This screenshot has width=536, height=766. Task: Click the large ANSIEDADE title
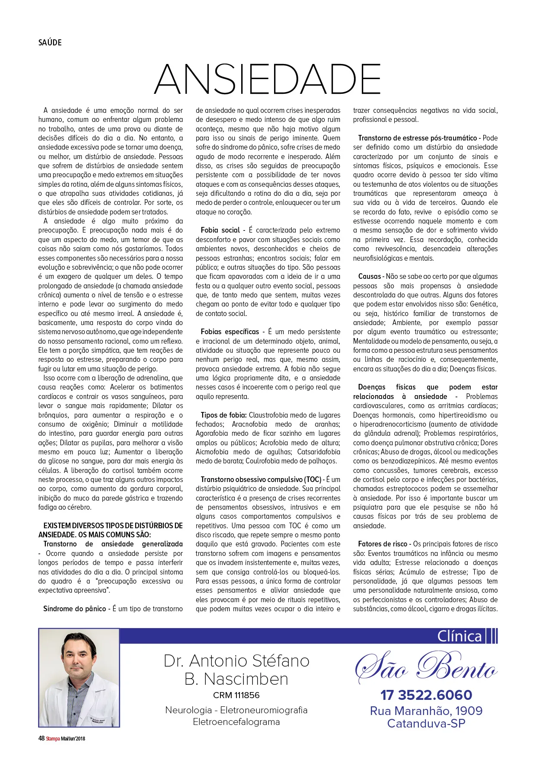tap(268, 79)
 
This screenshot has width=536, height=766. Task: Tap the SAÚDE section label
tap(50, 42)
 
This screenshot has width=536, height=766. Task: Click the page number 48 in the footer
tap(41, 738)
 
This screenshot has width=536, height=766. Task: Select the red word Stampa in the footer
tap(53, 738)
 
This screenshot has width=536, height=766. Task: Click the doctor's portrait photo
tap(79, 677)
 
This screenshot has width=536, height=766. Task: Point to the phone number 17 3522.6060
tap(426, 695)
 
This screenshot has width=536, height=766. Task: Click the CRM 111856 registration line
tap(236, 695)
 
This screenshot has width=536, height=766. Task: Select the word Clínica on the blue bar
tap(459, 636)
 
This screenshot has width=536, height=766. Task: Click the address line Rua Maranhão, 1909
tap(426, 711)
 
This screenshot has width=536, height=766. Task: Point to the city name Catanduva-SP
tap(426, 723)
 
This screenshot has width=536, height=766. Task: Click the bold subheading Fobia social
tap(220, 230)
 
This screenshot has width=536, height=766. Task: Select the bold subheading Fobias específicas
tap(230, 332)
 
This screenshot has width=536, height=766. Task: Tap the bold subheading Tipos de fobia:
tap(223, 415)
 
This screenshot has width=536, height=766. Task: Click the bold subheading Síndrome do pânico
tap(74, 609)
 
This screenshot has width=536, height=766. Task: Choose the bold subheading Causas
tap(369, 276)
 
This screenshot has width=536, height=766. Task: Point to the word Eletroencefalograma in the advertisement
tap(236, 721)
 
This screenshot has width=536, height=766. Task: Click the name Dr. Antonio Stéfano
tap(236, 661)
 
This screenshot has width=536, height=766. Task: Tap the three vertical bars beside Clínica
tap(492, 636)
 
